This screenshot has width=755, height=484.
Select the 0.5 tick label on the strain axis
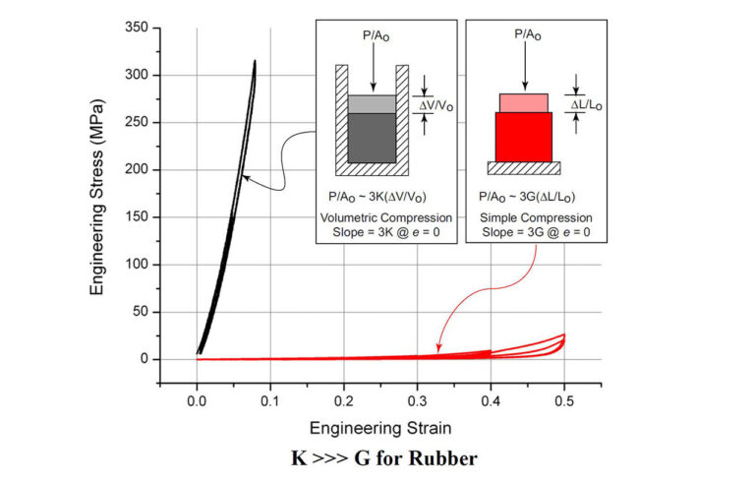pos(564,401)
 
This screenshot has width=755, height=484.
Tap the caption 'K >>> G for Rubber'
pos(377,458)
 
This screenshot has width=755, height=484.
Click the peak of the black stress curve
pos(255,61)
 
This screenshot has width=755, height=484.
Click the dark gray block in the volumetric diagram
pos(373,137)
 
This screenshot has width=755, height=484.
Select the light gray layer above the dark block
pos(373,103)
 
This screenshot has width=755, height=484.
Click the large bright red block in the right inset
pos(523,136)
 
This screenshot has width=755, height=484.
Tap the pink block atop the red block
pos(523,102)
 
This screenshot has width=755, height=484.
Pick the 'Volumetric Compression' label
pos(385,216)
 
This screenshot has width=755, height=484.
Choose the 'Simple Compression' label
pos(536,216)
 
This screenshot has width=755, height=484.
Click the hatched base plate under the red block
pos(523,167)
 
